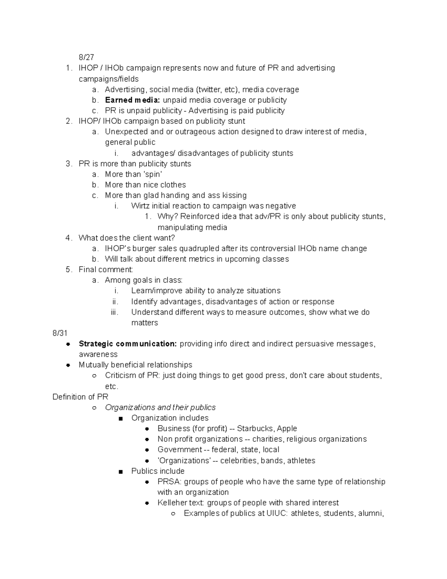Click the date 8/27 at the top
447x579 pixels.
point(86,57)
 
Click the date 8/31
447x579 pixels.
point(60,333)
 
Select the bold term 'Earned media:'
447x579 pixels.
point(133,100)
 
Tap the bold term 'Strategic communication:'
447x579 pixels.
point(127,344)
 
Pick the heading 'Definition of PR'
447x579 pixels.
point(80,397)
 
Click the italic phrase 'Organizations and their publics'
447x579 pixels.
point(160,407)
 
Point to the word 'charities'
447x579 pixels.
point(266,439)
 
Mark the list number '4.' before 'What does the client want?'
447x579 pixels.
point(69,238)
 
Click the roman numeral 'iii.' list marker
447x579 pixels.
point(115,312)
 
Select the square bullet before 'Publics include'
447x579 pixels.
point(120,471)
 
